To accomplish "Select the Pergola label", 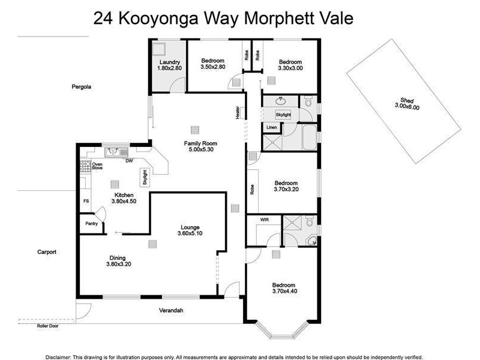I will [x=82, y=87].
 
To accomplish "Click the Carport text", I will [x=46, y=252].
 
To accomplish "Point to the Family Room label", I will [x=200, y=143].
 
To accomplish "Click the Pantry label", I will [x=91, y=223].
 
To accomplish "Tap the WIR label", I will [x=264, y=220].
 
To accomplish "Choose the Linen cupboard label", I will [x=271, y=128].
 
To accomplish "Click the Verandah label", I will [x=170, y=310].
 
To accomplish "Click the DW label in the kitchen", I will [x=128, y=160].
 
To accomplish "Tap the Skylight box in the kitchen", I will [x=144, y=176].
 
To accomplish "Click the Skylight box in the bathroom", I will [x=283, y=114].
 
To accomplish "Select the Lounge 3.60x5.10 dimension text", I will [x=190, y=233].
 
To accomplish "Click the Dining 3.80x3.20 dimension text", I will [x=118, y=264].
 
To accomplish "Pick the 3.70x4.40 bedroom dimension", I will [x=284, y=292].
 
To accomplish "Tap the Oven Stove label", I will [x=97, y=166].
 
